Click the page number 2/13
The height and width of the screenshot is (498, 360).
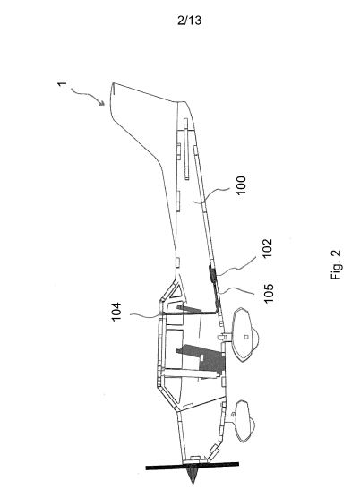point(189,21)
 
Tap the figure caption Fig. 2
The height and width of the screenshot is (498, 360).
point(336,264)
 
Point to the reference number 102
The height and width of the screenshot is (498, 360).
point(267,248)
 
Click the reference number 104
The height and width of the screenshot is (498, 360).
point(116,312)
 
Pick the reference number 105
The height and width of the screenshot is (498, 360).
point(269,293)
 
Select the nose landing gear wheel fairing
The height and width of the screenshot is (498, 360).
point(244,421)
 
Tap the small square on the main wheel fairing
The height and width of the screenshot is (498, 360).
point(245,338)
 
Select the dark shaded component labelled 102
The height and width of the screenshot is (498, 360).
point(211,274)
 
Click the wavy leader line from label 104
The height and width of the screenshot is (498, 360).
point(144,315)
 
